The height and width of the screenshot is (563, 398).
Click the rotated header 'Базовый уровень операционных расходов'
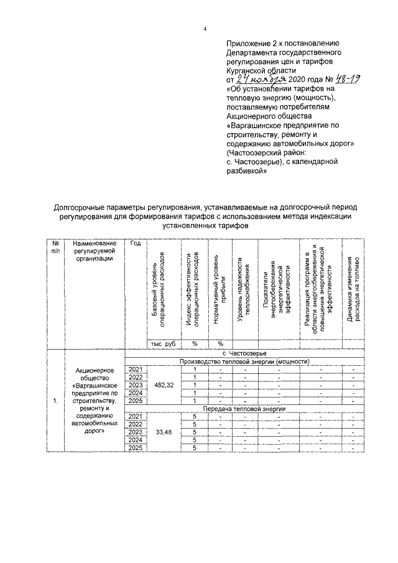click(x=159, y=290)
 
